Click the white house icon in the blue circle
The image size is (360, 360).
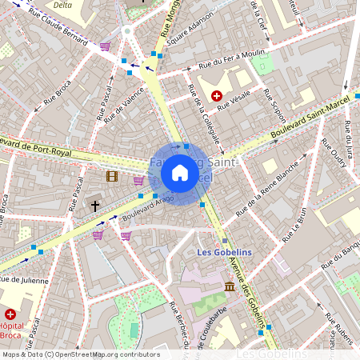coord(180,173)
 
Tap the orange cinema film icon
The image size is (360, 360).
coord(112,175)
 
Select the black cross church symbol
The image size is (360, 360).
coord(95,206)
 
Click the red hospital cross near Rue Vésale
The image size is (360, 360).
coord(216,95)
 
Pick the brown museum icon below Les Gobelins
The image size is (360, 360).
coord(230,286)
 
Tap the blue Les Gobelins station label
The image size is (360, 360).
coord(225,253)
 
